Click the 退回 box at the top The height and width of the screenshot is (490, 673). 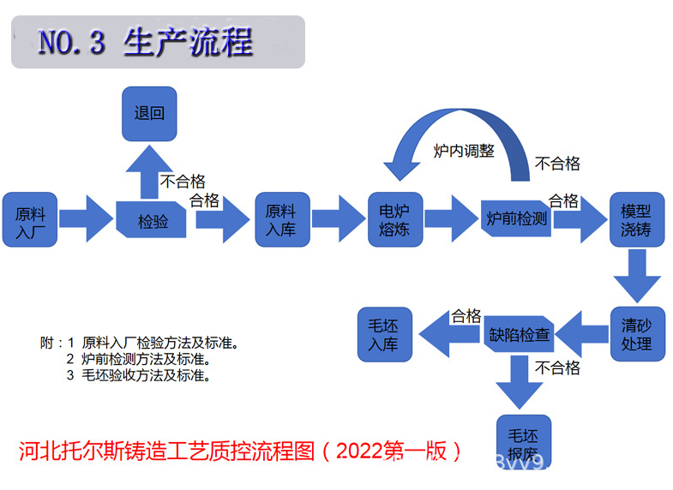click(x=149, y=114)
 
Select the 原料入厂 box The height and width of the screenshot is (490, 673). click(x=29, y=220)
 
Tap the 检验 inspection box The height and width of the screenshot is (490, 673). click(x=153, y=221)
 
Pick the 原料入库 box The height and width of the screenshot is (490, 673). click(x=281, y=220)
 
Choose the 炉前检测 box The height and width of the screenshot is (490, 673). click(x=515, y=219)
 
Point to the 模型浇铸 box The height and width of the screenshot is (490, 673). click(x=636, y=220)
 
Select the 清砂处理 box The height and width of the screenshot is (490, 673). click(x=636, y=334)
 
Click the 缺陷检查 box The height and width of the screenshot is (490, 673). click(x=520, y=334)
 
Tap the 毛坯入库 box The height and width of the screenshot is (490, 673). click(x=384, y=334)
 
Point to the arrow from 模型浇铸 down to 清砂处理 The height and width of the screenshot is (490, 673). click(x=636, y=276)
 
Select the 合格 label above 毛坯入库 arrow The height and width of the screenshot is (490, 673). click(x=466, y=316)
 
